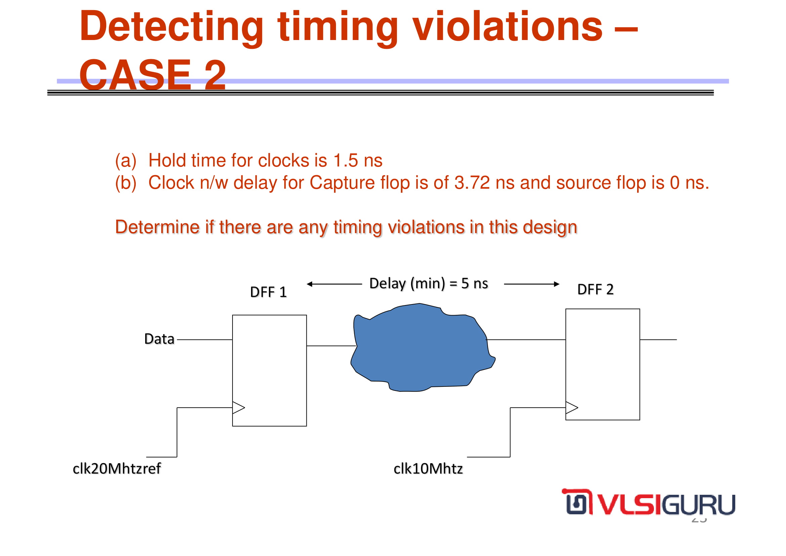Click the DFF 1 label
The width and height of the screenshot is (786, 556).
[268, 292]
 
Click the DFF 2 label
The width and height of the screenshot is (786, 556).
[595, 290]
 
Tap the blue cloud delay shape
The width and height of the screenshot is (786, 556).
[423, 347]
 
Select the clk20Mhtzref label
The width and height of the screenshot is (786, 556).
[117, 469]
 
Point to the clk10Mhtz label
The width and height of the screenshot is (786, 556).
[428, 469]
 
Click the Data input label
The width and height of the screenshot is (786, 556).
[160, 339]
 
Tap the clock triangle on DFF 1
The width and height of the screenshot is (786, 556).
[239, 408]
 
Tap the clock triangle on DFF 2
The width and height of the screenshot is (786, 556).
[572, 408]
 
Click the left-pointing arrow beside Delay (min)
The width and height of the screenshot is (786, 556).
[334, 284]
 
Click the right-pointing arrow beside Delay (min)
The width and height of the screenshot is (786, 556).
[532, 284]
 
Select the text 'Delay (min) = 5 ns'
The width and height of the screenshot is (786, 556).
[428, 284]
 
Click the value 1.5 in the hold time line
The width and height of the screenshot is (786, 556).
[346, 160]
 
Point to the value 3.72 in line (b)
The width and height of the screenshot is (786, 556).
[472, 183]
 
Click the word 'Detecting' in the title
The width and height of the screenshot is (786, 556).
[171, 27]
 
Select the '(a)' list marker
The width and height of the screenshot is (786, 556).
[126, 161]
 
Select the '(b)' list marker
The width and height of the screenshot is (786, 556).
[126, 183]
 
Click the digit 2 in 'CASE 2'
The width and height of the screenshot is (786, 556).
[215, 74]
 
